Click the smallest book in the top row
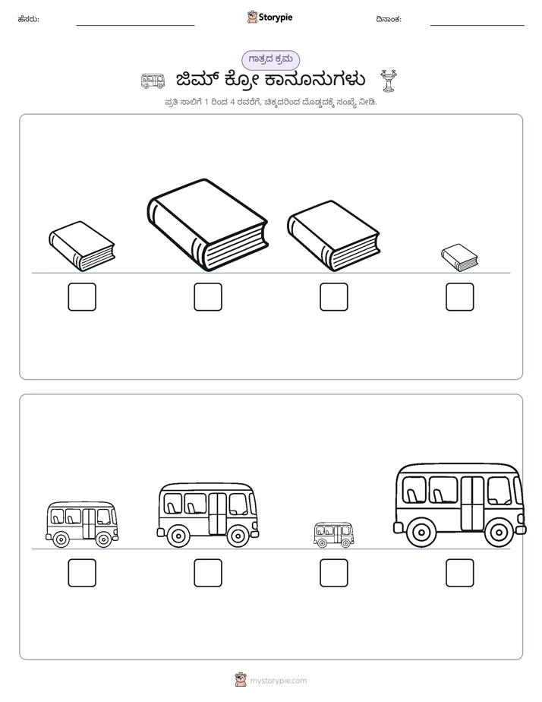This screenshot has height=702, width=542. click(x=459, y=258)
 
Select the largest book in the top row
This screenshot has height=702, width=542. click(x=207, y=225)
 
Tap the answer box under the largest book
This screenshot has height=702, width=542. click(x=208, y=297)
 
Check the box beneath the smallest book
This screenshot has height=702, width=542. click(x=460, y=297)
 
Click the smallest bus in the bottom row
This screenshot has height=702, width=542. click(x=333, y=535)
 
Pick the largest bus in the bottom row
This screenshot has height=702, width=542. click(x=460, y=505)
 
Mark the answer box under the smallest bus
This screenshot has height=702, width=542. click(x=333, y=573)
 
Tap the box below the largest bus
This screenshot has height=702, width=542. click(x=460, y=573)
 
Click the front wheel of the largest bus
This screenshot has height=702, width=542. click(x=499, y=533)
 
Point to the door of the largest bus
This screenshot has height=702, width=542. click(x=473, y=504)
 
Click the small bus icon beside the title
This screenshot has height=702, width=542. click(x=153, y=81)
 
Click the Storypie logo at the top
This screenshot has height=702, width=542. click(x=269, y=17)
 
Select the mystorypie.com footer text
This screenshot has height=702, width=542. click(x=278, y=681)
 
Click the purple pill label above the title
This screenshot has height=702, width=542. click(x=270, y=59)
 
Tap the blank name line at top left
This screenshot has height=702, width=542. click(x=135, y=26)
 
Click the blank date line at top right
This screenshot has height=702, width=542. click(x=477, y=26)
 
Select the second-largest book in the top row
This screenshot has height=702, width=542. click(x=333, y=236)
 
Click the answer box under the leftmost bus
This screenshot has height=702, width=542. click(x=82, y=573)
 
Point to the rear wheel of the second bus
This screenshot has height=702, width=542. click(x=178, y=536)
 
